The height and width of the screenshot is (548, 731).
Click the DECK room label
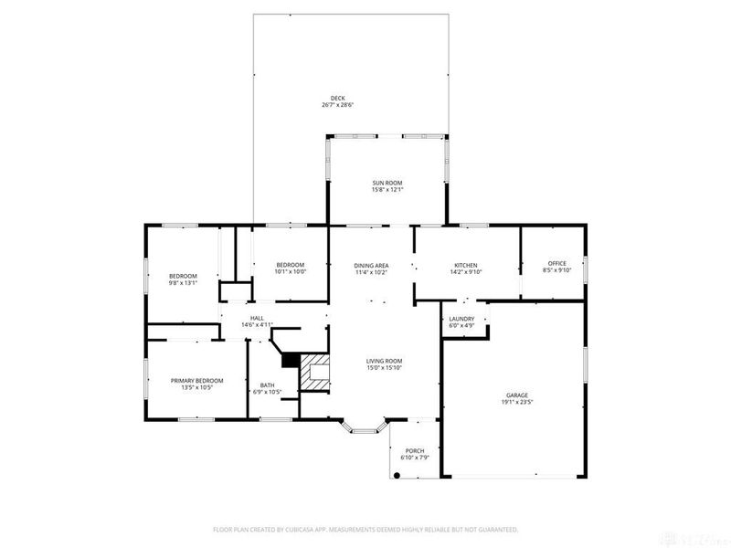pyautogui.click(x=337, y=98)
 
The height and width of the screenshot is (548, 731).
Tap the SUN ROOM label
pyautogui.click(x=387, y=183)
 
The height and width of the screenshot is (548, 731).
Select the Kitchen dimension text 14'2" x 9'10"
pyautogui.click(x=466, y=271)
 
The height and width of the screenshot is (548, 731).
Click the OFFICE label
pyautogui.click(x=556, y=264)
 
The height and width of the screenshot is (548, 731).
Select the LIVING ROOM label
pyautogui.click(x=385, y=361)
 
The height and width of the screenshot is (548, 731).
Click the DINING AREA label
pyautogui.click(x=372, y=265)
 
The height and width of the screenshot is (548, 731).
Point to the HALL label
pyautogui.click(x=258, y=318)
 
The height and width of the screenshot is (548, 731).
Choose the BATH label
pyautogui.click(x=267, y=385)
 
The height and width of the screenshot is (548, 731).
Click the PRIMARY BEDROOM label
pyautogui.click(x=196, y=381)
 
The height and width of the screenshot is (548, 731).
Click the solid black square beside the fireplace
pyautogui.click(x=290, y=360)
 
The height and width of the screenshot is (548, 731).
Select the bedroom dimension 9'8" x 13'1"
pyautogui.click(x=183, y=283)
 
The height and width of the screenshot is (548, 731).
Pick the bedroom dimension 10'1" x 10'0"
pyautogui.click(x=291, y=271)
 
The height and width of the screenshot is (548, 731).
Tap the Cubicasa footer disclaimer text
pyautogui.click(x=365, y=529)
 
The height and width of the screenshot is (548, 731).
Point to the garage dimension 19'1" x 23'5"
pyautogui.click(x=517, y=402)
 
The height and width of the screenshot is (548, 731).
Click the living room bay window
pyautogui.click(x=363, y=426)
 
